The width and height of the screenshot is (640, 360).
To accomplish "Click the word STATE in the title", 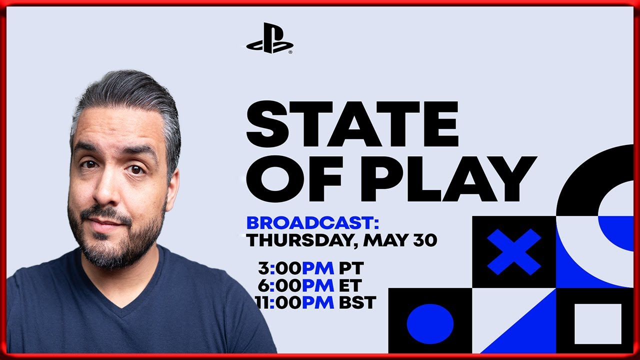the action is [352, 123].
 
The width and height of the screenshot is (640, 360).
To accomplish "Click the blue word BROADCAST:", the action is [312, 223].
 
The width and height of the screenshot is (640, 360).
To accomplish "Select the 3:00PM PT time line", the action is [311, 268].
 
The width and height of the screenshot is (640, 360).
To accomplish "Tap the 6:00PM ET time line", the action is [309, 285].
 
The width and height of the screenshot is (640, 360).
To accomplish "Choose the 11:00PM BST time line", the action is [316, 302].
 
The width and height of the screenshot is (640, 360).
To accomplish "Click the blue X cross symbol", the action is [513, 251].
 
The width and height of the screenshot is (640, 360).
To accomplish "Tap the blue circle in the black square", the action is [430, 323].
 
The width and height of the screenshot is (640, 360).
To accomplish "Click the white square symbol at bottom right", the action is [598, 323].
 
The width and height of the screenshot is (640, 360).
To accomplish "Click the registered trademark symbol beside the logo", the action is [290, 52].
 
